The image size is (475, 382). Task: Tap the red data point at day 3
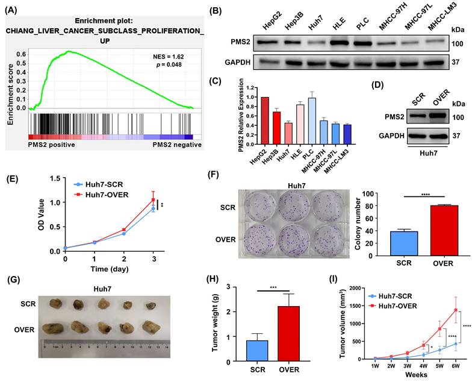point(154,200)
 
